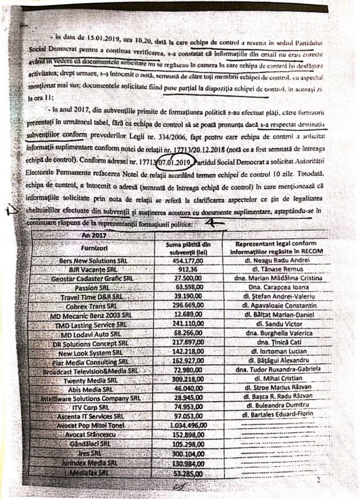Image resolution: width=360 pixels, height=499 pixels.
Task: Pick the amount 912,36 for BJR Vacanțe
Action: pyautogui.click(x=184, y=269)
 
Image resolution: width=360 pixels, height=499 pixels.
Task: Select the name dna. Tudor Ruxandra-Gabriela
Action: pyautogui.click(x=277, y=371)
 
